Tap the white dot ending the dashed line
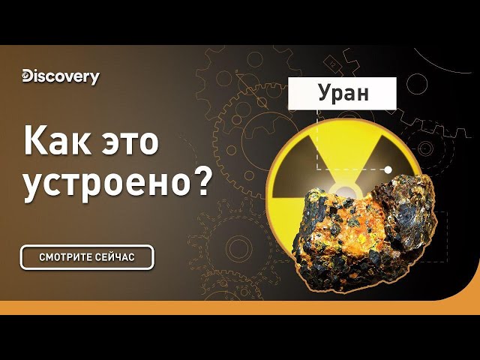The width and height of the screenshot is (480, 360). (x=388, y=169)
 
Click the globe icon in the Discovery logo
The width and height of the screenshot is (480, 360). (x=28, y=75)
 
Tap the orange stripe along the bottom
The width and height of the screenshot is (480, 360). (x=240, y=307)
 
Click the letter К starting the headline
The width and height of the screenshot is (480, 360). (x=33, y=140)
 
